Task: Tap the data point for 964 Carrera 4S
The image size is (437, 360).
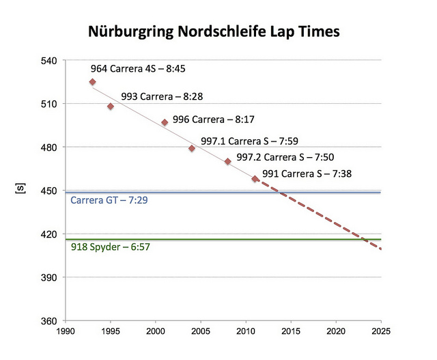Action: point(92,82)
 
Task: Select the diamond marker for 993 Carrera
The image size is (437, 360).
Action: point(111,107)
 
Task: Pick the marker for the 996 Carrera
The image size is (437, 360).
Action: point(165,122)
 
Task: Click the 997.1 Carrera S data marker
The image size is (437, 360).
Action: point(192,148)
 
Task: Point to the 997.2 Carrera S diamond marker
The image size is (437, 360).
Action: point(227,161)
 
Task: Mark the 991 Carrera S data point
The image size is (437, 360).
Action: point(255,179)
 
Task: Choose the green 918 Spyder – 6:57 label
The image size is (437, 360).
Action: point(111,247)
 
